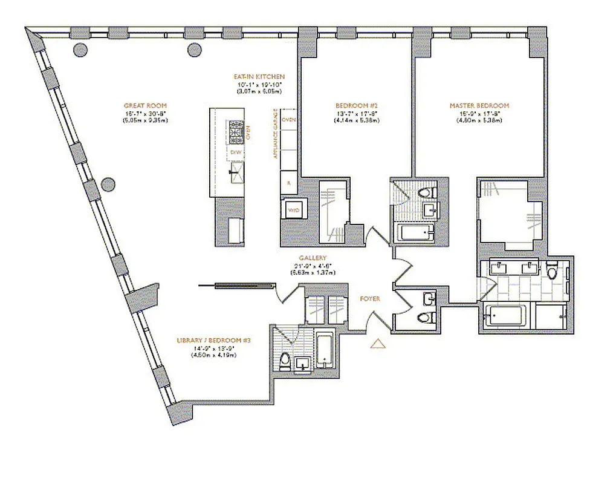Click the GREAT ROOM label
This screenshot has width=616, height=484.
coord(145,106)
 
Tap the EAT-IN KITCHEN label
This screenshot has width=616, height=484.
coord(259,77)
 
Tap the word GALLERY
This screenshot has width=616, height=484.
coord(312,258)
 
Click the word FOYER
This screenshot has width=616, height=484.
coord(369,299)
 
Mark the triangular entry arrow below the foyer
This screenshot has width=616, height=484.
coord(378,344)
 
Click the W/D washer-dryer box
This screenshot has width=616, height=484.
coord(293,210)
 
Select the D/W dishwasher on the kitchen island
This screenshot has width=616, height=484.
coord(236,153)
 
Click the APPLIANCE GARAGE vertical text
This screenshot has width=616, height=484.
coord(276,134)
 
